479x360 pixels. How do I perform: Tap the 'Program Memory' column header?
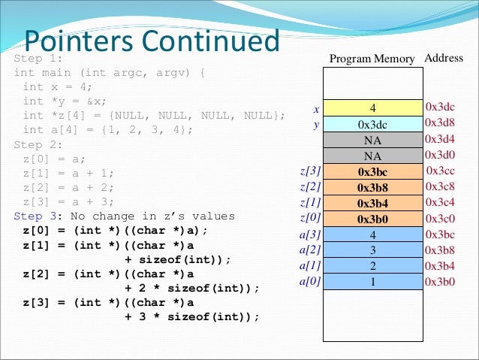tap(372, 59)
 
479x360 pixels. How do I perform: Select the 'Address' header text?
tap(443, 58)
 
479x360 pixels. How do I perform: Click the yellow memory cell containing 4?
tap(372, 108)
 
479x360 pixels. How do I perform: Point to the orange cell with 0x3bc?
tap(372, 171)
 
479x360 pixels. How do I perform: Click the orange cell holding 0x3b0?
tap(372, 219)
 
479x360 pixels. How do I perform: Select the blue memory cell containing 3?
tap(372, 250)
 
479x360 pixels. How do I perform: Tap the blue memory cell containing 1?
tap(372, 282)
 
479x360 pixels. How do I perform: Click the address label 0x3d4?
tap(439, 139)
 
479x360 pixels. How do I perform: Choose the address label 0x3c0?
tap(439, 219)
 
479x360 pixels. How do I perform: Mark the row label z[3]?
tap(310, 172)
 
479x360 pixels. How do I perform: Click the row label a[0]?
tap(310, 282)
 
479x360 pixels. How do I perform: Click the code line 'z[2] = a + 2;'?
tap(68, 187)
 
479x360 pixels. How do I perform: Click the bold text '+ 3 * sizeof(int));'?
tap(191, 316)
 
